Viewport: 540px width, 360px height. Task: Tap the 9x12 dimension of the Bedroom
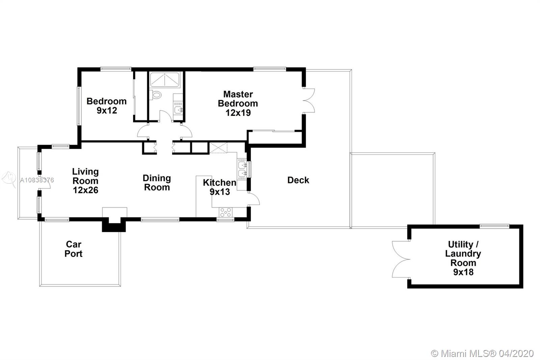tap(107, 110)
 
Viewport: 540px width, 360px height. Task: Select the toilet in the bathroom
tap(155, 95)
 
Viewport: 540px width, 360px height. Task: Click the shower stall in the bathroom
tap(165, 79)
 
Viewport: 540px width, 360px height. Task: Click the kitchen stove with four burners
tap(226, 212)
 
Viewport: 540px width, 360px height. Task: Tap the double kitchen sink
tap(242, 169)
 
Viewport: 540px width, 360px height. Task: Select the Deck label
tap(298, 180)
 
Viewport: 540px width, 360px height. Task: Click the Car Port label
tap(74, 249)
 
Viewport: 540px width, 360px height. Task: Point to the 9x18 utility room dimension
tap(463, 272)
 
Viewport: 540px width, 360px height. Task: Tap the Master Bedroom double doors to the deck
tap(309, 100)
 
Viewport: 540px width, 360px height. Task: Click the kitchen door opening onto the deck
tap(253, 199)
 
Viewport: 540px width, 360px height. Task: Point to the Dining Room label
tap(157, 183)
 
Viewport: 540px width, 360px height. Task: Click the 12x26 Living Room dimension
tap(86, 190)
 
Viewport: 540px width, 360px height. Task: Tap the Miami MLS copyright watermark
tap(482, 354)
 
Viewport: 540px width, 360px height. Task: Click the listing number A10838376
tap(37, 180)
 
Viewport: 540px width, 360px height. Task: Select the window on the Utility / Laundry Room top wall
tap(494, 226)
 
